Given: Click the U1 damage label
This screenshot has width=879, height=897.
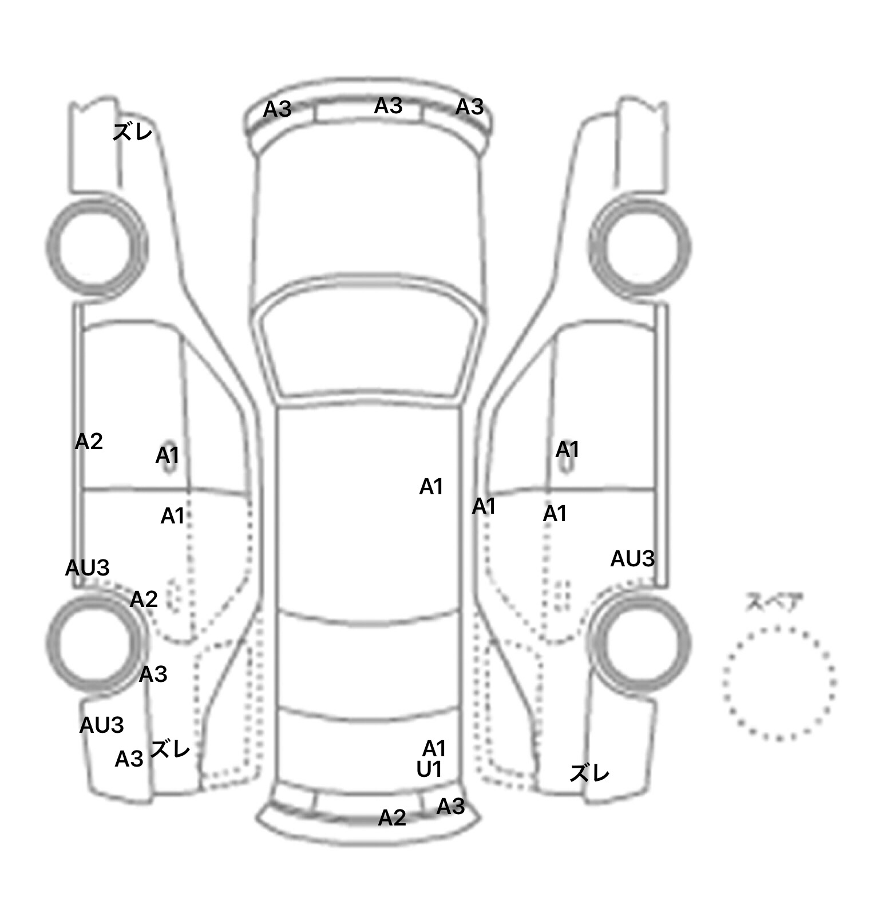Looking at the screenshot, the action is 429,770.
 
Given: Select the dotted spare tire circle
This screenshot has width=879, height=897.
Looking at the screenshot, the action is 779,627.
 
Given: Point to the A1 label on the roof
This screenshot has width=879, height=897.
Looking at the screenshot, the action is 431,487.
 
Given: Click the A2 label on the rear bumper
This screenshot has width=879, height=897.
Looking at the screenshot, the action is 392,817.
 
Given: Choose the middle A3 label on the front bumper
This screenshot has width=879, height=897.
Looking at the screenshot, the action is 389,106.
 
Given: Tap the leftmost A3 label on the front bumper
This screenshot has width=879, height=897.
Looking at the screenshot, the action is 278,109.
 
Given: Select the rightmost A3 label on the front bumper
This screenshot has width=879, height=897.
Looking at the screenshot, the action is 470,106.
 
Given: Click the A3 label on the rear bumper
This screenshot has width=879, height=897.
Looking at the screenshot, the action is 450,807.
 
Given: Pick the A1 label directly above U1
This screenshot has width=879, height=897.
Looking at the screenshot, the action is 434,748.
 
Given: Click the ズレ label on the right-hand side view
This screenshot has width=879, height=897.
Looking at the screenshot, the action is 590,773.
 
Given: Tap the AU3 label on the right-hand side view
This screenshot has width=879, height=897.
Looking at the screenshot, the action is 632,559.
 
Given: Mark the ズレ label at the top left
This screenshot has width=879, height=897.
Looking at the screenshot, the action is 133,132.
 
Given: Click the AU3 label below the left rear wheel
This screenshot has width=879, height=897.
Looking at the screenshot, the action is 101,725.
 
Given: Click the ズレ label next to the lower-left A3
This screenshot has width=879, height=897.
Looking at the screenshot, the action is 170,748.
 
